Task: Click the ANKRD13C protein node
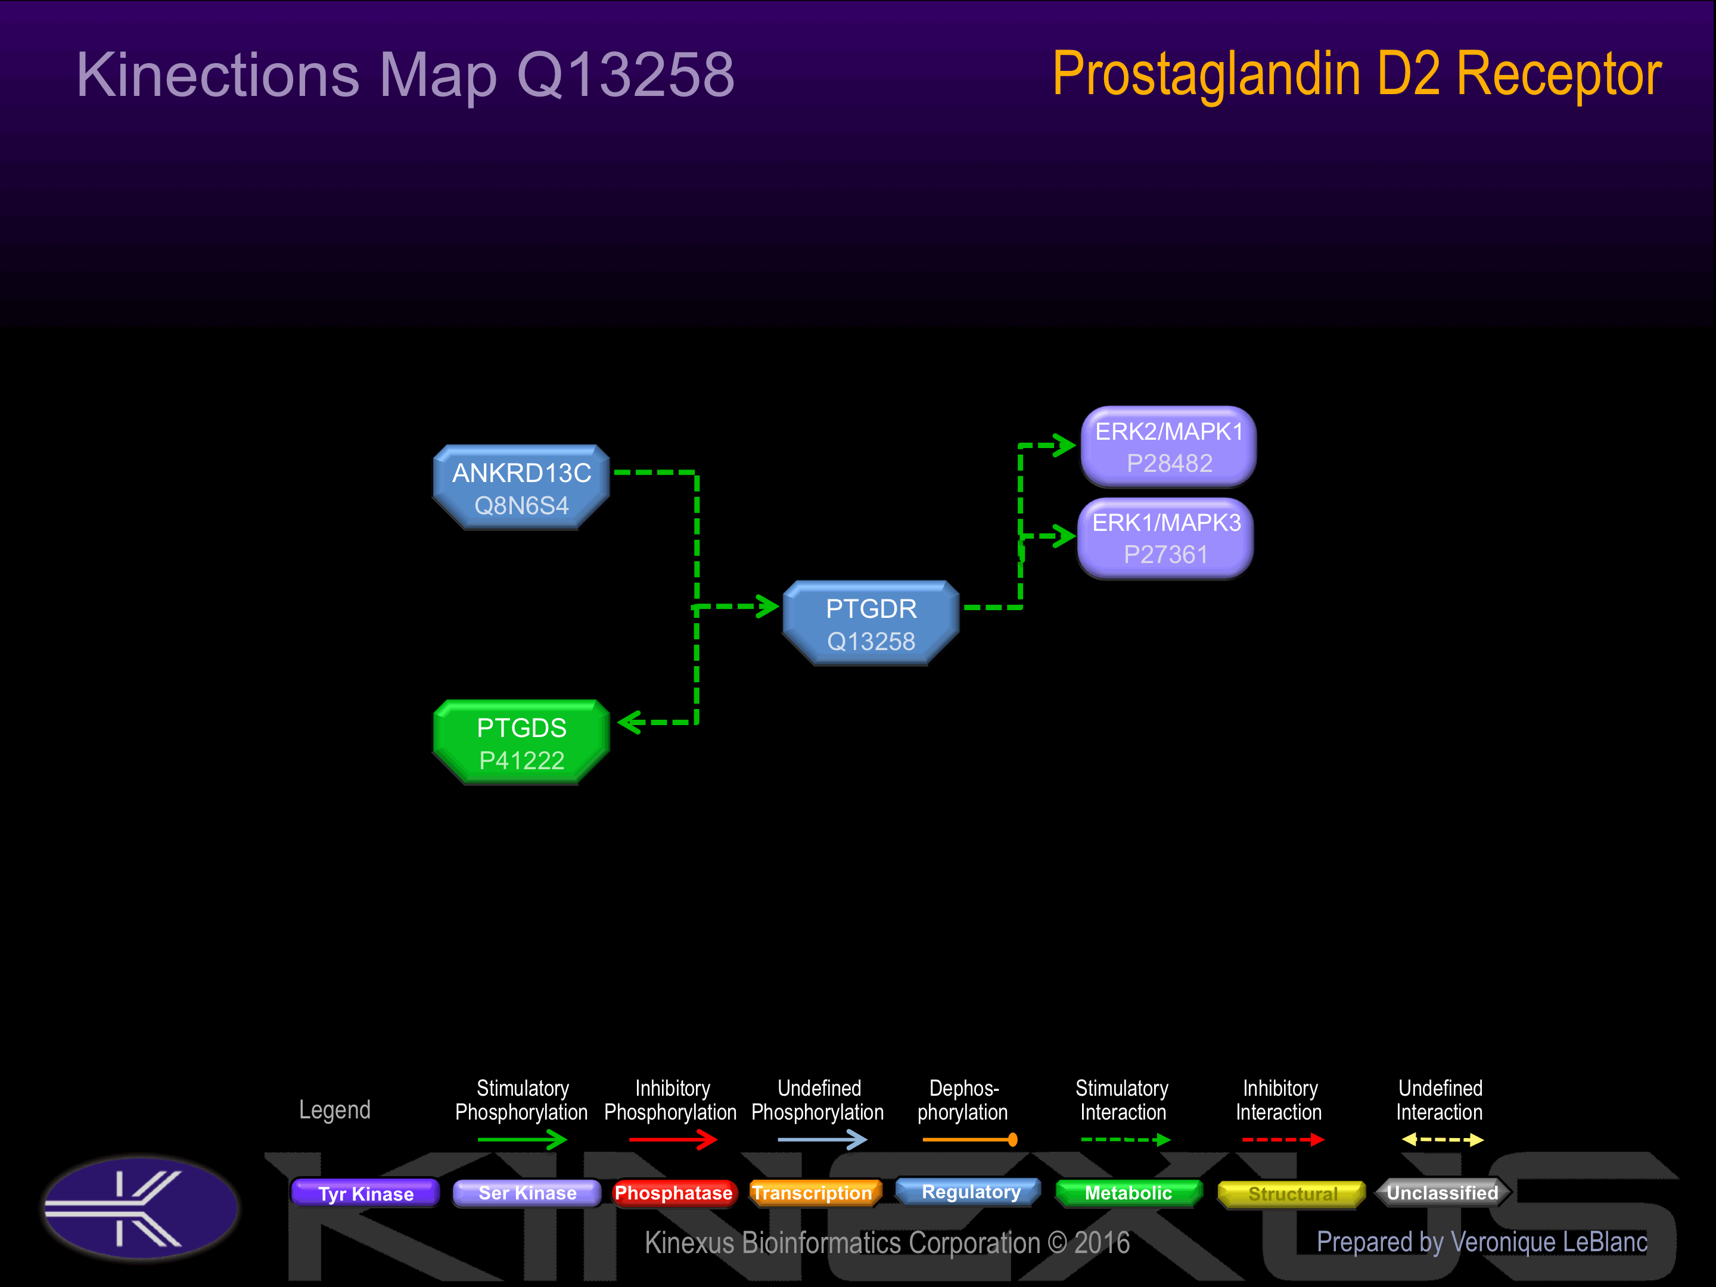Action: pos(521,488)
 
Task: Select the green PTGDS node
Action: pos(521,743)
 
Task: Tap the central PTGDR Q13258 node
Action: pos(871,624)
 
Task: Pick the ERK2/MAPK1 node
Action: pos(1168,447)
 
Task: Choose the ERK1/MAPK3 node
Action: pos(1165,539)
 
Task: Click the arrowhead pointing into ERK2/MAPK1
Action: pos(1064,445)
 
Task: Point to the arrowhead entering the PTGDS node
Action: pos(630,722)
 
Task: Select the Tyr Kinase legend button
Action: pos(365,1193)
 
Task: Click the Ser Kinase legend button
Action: pos(527,1193)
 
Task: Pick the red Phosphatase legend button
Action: pos(673,1193)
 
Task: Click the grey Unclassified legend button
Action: pos(1442,1193)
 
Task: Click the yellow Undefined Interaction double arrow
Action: pos(1442,1140)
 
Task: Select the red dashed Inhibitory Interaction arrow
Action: pos(1282,1140)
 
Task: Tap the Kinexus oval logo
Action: pos(141,1207)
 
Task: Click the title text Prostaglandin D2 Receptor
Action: pos(1356,74)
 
